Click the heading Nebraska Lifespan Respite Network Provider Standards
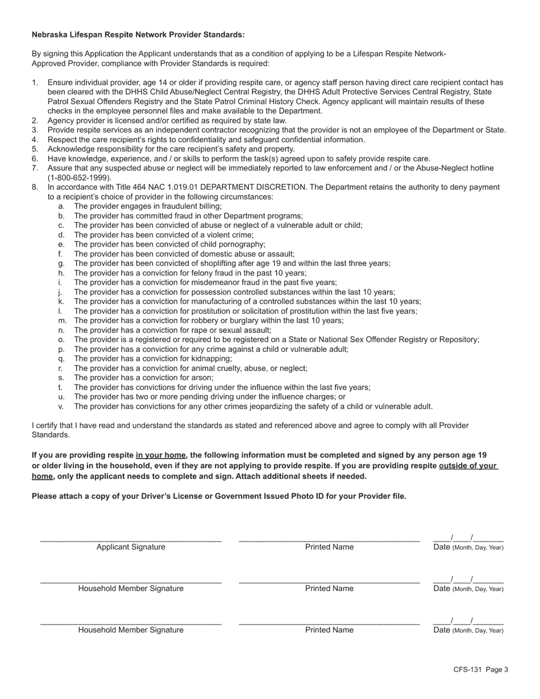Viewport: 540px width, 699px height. [x=138, y=35]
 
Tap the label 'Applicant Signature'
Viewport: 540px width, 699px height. [x=131, y=547]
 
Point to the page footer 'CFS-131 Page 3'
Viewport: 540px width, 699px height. [x=481, y=669]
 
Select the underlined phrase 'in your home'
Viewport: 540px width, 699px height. [x=161, y=455]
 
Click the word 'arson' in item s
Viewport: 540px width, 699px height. [x=202, y=378]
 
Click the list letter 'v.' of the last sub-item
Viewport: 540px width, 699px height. [x=61, y=406]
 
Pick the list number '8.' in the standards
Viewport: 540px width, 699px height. [x=35, y=187]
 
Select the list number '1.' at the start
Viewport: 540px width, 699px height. [x=35, y=82]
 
